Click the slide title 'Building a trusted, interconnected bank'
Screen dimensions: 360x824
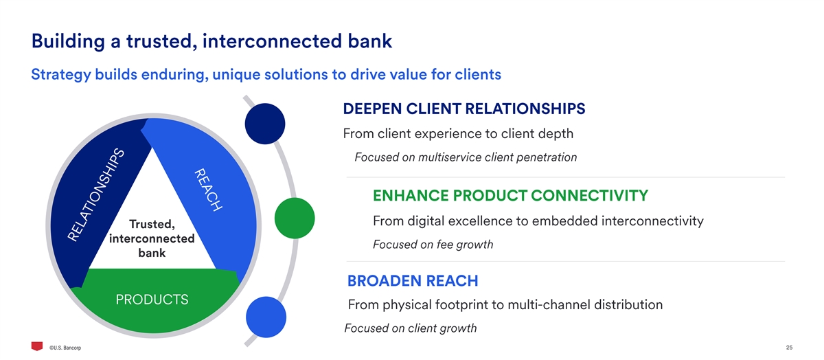coord(211,41)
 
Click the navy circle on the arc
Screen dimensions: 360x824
coord(265,124)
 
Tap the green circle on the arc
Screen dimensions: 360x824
coord(294,218)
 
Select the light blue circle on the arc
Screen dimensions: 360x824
coord(266,317)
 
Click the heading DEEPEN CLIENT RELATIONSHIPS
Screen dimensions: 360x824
coord(463,109)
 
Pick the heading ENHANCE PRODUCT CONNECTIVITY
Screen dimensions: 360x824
coord(510,196)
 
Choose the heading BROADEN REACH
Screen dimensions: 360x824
coord(413,281)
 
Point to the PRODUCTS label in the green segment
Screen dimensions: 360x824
coord(152,300)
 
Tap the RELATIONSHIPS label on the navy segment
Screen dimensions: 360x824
coord(97,195)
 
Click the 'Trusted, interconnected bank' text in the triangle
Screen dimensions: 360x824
coord(152,238)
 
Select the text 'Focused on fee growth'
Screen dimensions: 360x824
coord(433,245)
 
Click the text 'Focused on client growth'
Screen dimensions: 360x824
coord(410,328)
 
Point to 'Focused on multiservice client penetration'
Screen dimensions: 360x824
coord(466,157)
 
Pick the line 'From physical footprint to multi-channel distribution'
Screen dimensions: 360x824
coord(505,304)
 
